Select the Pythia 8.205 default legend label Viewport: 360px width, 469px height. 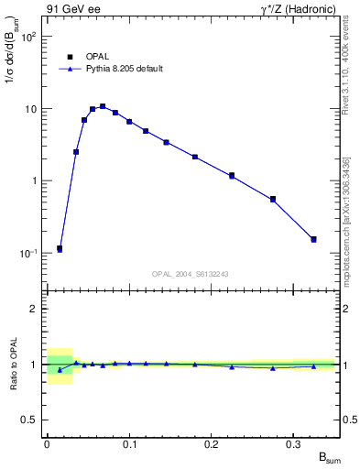tap(125, 69)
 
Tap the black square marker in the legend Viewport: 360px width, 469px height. tap(70, 56)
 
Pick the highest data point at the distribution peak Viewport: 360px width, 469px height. tap(103, 107)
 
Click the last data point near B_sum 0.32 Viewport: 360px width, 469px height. tap(313, 240)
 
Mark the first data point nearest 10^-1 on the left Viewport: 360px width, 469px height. tap(60, 248)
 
